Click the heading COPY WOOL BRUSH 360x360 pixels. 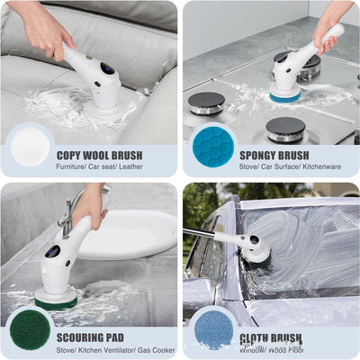pos(99,155)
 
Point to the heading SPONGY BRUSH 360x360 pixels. pos(274,155)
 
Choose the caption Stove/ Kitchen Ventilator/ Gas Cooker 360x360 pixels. pos(115,351)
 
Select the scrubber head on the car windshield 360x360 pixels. pos(256,248)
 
